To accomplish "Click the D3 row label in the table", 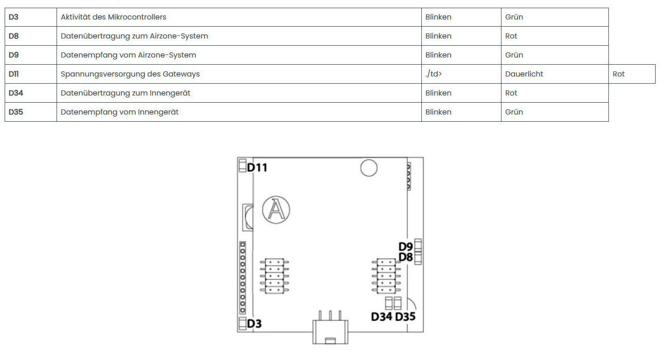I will click(14, 17).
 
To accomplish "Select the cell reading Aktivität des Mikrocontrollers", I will click(114, 17).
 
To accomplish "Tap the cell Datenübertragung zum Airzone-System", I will click(134, 36).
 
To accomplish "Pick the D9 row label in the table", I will click(14, 55).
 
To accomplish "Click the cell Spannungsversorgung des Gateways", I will click(130, 74).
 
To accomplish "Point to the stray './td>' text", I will click(434, 74).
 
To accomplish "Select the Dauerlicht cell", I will click(524, 74).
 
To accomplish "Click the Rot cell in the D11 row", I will click(619, 74).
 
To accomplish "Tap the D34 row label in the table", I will click(16, 93).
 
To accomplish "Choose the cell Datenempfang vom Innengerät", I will click(120, 112).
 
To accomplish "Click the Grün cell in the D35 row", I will click(514, 112).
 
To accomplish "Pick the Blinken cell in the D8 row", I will click(438, 36).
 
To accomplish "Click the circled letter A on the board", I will click(276, 210).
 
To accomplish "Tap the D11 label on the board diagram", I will click(257, 167).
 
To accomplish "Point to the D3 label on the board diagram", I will click(254, 324).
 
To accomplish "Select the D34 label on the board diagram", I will click(381, 316).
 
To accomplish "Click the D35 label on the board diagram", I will click(405, 316).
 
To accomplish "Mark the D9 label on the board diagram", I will click(405, 247).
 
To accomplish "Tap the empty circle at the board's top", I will click(368, 167).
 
